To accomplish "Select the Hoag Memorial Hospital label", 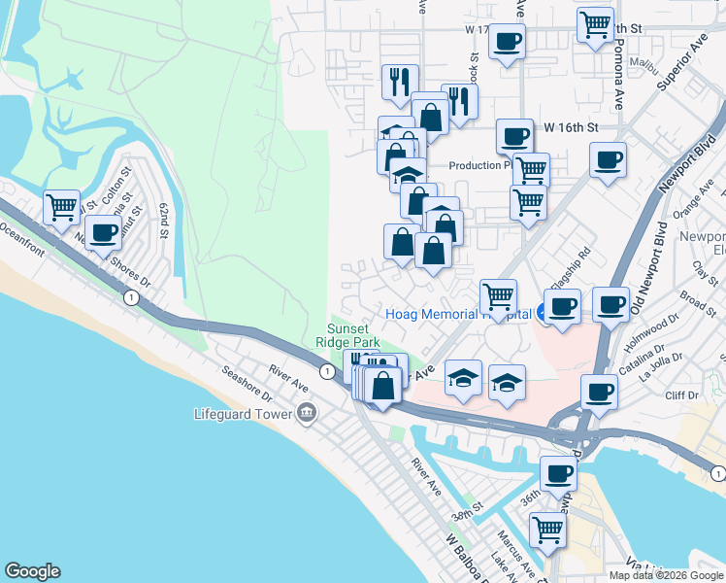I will point(459,314).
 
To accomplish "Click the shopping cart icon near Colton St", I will point(61,206).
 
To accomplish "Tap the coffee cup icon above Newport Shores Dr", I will point(102,232).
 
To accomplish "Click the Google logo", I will point(32,571).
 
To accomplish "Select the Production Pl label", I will point(479,166).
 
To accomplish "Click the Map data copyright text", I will point(664,575).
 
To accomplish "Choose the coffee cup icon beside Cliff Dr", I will point(599,393).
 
